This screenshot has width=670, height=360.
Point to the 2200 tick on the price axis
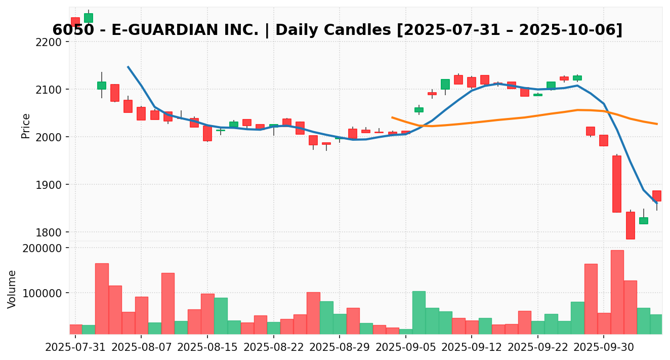click(x=52, y=42)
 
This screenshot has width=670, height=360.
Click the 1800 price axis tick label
click(x=52, y=232)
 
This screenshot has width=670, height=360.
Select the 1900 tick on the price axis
click(x=52, y=185)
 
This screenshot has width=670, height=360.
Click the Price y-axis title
click(x=26, y=126)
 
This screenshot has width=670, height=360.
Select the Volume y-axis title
click(x=12, y=289)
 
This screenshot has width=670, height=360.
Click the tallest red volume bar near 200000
click(x=617, y=292)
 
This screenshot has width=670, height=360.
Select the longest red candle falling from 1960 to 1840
click(x=617, y=184)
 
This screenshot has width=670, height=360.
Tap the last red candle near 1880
click(x=656, y=196)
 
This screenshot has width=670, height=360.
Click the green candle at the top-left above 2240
click(x=89, y=18)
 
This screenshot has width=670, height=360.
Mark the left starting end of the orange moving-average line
click(x=392, y=117)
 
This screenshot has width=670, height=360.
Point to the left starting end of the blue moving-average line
click(x=128, y=67)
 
